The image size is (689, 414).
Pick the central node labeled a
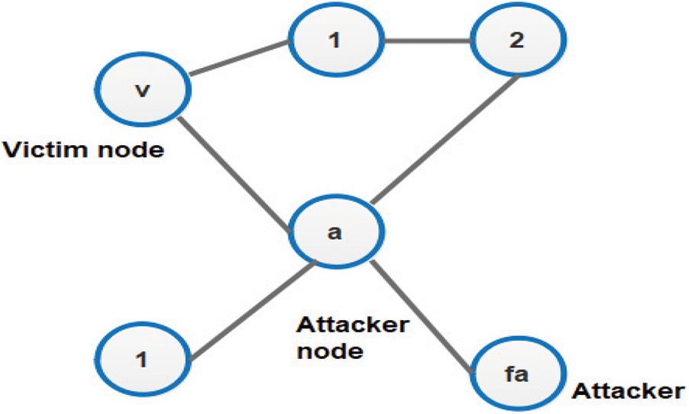click(333, 231)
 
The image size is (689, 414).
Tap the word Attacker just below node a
click(352, 328)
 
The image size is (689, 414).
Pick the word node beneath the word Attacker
click(328, 352)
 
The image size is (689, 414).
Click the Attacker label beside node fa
click(628, 392)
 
